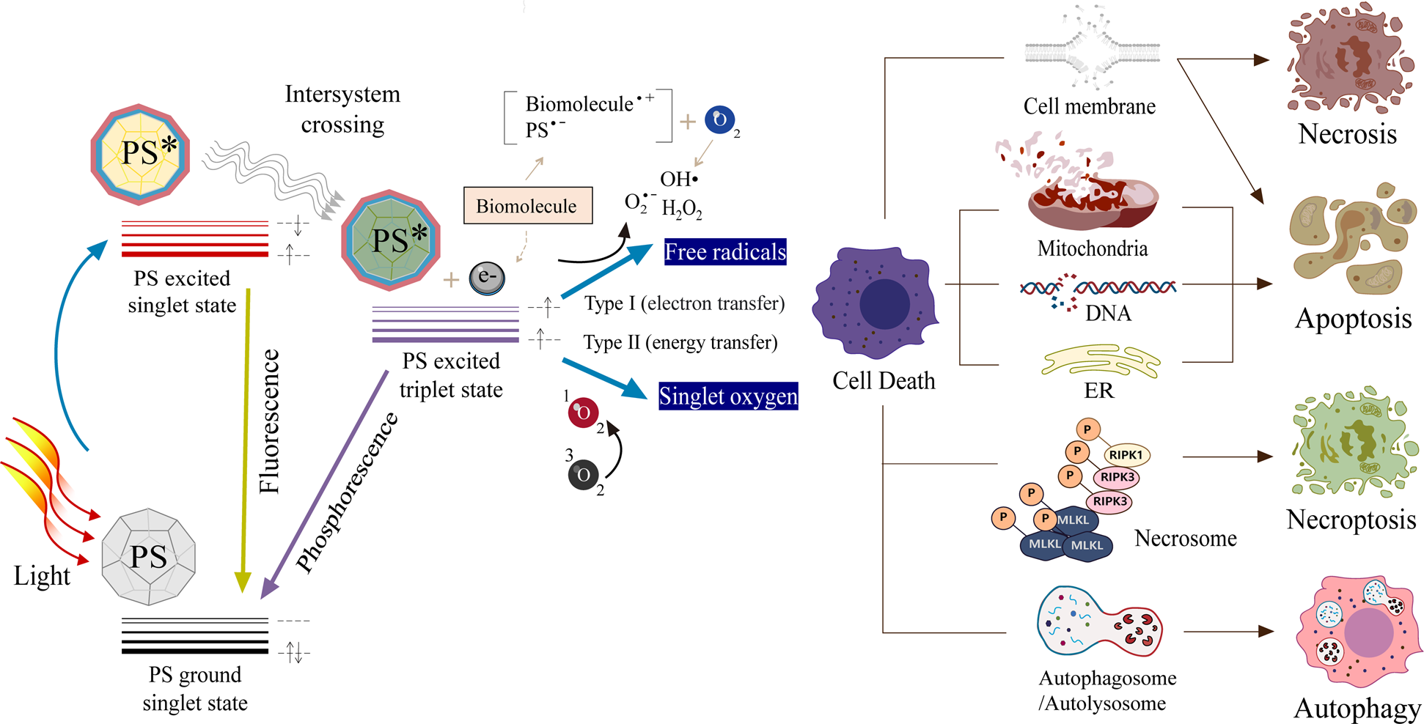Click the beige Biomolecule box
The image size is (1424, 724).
click(527, 205)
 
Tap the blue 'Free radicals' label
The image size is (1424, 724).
click(724, 252)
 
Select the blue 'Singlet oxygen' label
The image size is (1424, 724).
click(727, 396)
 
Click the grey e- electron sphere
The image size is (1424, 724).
click(487, 278)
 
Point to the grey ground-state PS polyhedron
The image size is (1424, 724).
click(149, 557)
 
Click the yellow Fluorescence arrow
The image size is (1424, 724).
click(245, 440)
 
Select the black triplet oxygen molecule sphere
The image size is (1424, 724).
click(584, 475)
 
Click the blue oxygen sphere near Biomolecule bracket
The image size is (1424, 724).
click(720, 120)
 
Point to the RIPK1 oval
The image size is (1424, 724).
click(1126, 454)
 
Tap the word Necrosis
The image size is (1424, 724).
click(1347, 134)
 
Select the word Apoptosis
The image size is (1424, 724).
click(1353, 319)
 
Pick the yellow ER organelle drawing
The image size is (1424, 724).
click(1100, 361)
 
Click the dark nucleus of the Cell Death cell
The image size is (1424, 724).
click(884, 303)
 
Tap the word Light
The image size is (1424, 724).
click(42, 576)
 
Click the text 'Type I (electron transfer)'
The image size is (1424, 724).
click(684, 303)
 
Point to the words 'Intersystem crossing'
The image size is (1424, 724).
click(342, 109)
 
